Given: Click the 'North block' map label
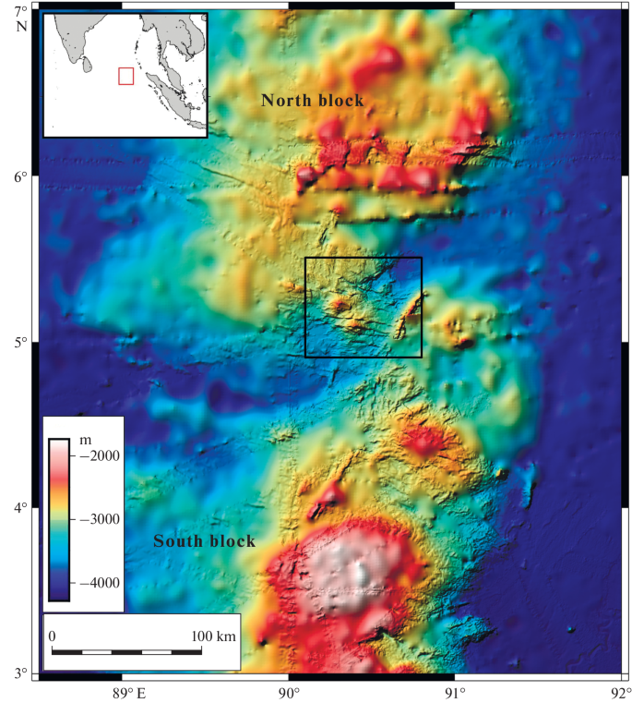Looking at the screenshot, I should click(x=312, y=100).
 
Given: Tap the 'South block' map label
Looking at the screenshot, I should click(x=204, y=541).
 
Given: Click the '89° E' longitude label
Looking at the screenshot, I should click(x=129, y=691).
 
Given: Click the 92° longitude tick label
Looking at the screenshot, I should click(x=619, y=691).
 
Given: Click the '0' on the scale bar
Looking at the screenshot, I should click(x=53, y=636).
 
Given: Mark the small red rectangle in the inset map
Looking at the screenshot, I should click(x=126, y=76).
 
